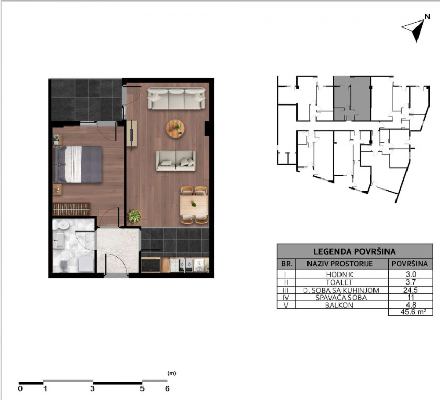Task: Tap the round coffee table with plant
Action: [x=175, y=129]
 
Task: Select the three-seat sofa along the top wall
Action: [x=177, y=98]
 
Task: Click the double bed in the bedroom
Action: [x=78, y=164]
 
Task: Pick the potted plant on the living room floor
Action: [x=135, y=216]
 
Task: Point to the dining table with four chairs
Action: [x=194, y=205]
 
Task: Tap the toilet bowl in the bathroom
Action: [x=61, y=225]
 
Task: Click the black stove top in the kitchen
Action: [x=151, y=265]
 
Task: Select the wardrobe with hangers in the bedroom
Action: [x=71, y=209]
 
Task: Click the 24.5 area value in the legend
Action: [x=411, y=290]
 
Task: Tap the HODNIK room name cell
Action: [x=339, y=274]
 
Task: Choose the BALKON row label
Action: [x=339, y=305]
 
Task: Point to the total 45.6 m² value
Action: [x=413, y=312]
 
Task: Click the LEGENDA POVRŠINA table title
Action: [x=355, y=251]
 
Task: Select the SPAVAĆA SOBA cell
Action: [x=341, y=297]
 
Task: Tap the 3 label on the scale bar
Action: [x=92, y=389]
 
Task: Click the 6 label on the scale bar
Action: [x=167, y=389]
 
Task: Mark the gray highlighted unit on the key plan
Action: [x=352, y=99]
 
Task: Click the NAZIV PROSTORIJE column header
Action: [x=340, y=264]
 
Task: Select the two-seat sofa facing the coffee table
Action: [x=176, y=161]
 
